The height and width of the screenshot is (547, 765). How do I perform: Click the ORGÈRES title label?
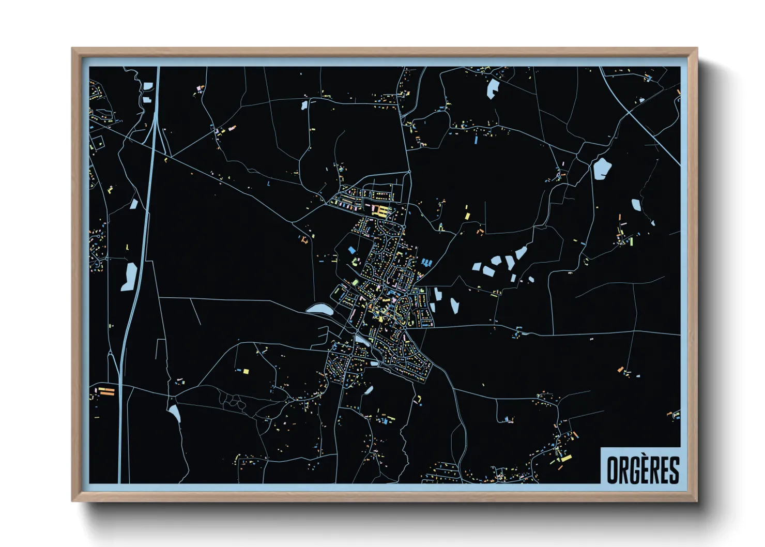point(642,469)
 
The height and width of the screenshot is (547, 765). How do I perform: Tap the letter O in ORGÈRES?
point(612,470)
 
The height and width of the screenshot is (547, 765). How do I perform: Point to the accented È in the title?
point(644,469)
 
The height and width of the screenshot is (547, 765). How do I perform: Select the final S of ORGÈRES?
point(674,470)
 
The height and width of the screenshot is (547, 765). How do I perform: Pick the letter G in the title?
point(633,470)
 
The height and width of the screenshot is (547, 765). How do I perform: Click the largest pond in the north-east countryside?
point(602,169)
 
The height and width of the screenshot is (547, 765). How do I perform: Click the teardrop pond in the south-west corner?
point(174,413)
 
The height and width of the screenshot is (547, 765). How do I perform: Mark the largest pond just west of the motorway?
point(129,276)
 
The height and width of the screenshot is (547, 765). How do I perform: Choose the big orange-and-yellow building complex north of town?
point(381,210)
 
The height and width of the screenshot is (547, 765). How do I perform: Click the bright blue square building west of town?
point(352,250)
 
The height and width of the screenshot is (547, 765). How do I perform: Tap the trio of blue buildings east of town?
point(426,263)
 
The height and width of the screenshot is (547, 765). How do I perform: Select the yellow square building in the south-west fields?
point(246,371)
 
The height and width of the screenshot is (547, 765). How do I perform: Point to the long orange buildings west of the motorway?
point(106,391)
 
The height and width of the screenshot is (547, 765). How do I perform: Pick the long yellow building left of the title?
point(566,458)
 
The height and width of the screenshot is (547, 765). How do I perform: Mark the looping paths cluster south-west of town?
point(233,401)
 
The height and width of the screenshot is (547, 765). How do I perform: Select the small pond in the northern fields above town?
point(304,105)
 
